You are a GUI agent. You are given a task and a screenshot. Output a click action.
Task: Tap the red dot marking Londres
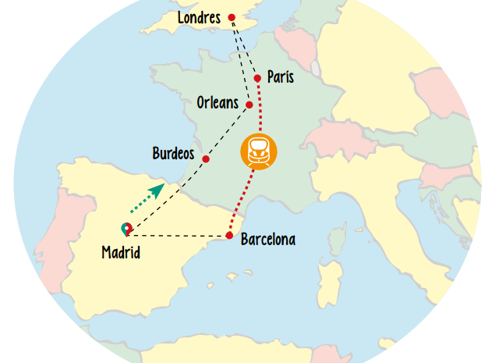(x=231, y=17)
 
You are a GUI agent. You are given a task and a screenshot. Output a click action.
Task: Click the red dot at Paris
(x=257, y=78)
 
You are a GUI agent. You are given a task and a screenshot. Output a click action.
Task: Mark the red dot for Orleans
(x=249, y=105)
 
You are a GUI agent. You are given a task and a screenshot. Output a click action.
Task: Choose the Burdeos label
(x=173, y=153)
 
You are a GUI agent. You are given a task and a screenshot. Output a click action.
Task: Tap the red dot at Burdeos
(x=206, y=159)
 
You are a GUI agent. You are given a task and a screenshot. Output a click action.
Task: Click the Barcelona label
(x=268, y=239)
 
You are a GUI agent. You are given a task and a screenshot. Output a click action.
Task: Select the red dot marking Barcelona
(x=229, y=235)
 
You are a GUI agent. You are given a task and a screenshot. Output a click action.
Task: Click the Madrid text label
(x=121, y=252)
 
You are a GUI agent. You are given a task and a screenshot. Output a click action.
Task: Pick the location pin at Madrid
(x=126, y=229)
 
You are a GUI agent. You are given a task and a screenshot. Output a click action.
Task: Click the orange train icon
(x=257, y=151)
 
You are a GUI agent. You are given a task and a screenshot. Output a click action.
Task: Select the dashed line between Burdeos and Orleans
(x=228, y=130)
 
